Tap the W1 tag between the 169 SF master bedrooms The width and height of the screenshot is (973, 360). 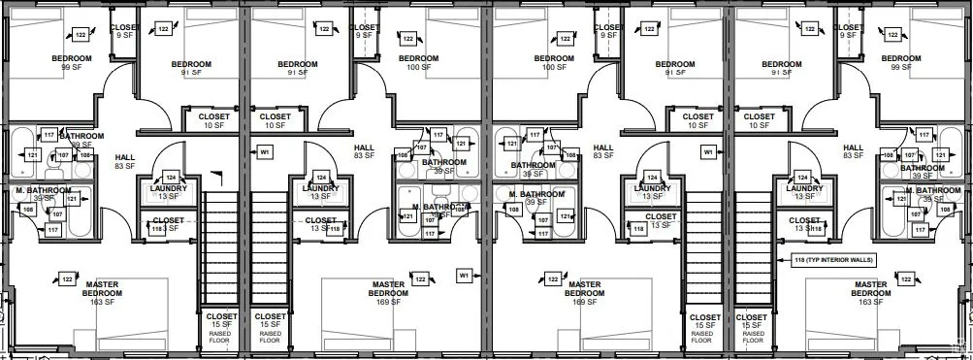coord(465,276)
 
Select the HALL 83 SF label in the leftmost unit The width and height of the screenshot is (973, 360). coord(124,161)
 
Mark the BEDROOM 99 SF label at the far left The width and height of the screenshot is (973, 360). coord(71,63)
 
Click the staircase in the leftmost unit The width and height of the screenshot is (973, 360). coord(219,247)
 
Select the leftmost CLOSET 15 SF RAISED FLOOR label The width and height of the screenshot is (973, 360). coord(219,327)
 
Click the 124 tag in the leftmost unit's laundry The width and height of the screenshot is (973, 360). coord(171,178)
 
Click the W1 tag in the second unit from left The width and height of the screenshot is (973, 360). coord(263,152)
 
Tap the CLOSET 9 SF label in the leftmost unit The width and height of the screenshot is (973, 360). coord(123,31)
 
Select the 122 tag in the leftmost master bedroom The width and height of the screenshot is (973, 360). coord(67,279)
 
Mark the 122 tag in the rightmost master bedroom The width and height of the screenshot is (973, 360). coord(904,279)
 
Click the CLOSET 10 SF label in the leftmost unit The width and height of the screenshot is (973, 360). coord(213,120)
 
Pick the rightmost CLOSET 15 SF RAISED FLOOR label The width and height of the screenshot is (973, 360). coord(753,327)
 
